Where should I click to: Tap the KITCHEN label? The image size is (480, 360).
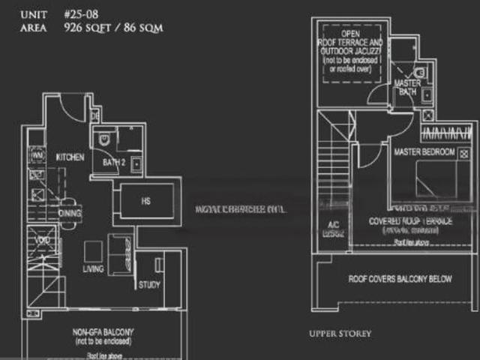[70, 157]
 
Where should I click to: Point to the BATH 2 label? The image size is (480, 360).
[114, 163]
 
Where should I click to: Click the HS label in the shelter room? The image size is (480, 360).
[145, 201]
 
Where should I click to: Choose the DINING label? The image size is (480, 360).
[70, 213]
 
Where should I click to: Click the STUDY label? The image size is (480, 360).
[149, 285]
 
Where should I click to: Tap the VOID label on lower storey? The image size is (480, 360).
[43, 241]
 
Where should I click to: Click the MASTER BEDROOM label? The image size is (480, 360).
[424, 152]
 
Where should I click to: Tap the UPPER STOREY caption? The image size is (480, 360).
[340, 333]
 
